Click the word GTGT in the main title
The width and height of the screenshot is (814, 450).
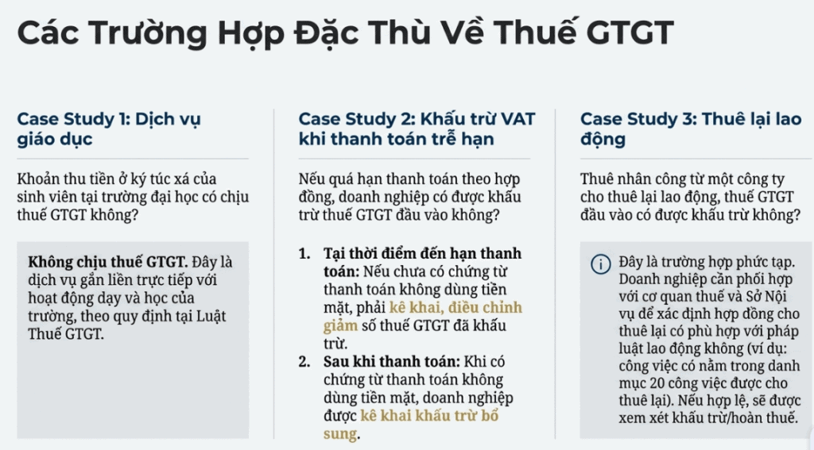630,32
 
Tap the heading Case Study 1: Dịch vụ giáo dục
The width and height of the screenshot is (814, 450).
108,129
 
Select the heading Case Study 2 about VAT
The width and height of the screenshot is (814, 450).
417,129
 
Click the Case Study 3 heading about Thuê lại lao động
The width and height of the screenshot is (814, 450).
691,129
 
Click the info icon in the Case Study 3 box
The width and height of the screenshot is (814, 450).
601,264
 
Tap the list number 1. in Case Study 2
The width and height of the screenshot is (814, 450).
304,253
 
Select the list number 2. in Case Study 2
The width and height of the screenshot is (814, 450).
304,361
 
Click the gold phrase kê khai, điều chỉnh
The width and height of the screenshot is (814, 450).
455,307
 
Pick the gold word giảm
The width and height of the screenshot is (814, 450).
340,326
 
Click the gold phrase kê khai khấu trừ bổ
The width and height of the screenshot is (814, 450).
429,415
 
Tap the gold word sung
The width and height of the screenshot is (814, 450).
340,434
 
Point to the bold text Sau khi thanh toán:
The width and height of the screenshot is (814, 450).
392,361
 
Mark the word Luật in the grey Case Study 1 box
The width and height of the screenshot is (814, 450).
211,316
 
